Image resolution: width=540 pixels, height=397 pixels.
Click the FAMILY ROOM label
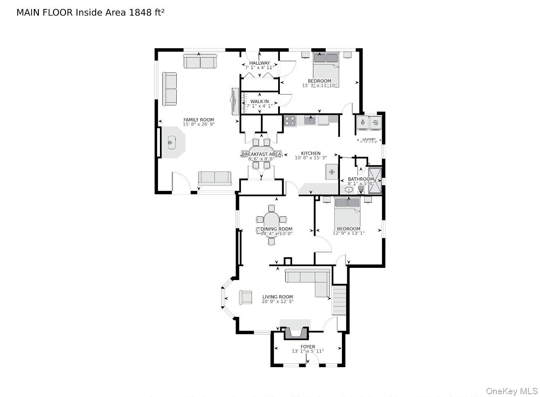198,120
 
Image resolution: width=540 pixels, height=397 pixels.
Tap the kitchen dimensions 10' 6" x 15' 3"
310,158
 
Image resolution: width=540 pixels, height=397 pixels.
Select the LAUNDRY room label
369,139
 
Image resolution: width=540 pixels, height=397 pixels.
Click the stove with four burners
290,121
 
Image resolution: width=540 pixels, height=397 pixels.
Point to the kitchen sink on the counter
310,119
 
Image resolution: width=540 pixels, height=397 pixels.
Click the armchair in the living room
245,297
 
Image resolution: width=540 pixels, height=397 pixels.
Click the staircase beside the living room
339,300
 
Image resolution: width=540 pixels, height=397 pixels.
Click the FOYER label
308,347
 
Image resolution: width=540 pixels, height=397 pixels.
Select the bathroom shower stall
375,179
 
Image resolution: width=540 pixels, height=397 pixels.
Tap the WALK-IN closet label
259,101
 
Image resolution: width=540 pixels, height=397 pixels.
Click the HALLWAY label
259,63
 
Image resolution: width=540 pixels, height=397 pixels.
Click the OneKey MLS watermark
511,391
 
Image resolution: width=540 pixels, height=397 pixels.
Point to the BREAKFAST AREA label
261,154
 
